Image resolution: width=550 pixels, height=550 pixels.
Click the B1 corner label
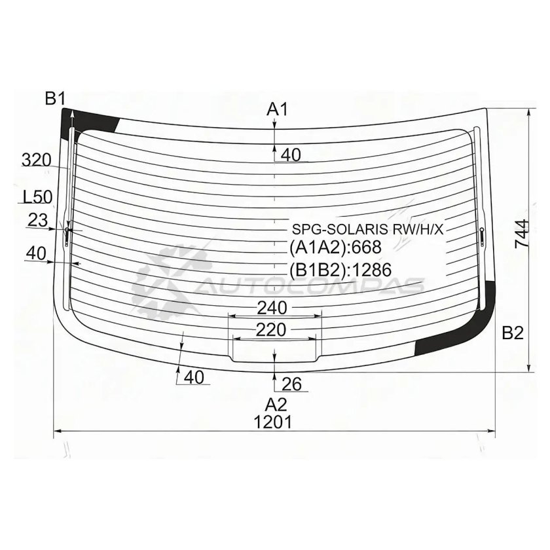pyautogui.click(x=55, y=99)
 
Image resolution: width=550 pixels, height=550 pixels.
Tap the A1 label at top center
pyautogui.click(x=277, y=109)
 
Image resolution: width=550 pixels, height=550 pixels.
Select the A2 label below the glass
pyautogui.click(x=276, y=405)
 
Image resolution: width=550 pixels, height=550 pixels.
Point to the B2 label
pyautogui.click(x=513, y=333)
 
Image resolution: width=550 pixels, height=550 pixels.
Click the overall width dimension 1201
pyautogui.click(x=272, y=422)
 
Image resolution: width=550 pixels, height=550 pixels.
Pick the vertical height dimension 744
pyautogui.click(x=522, y=234)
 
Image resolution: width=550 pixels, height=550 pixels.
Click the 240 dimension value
pyautogui.click(x=272, y=308)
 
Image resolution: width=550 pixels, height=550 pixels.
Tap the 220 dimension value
pyautogui.click(x=271, y=330)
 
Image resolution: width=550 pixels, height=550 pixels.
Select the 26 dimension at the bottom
pyautogui.click(x=291, y=384)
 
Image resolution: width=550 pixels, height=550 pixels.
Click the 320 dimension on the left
pyautogui.click(x=37, y=160)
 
